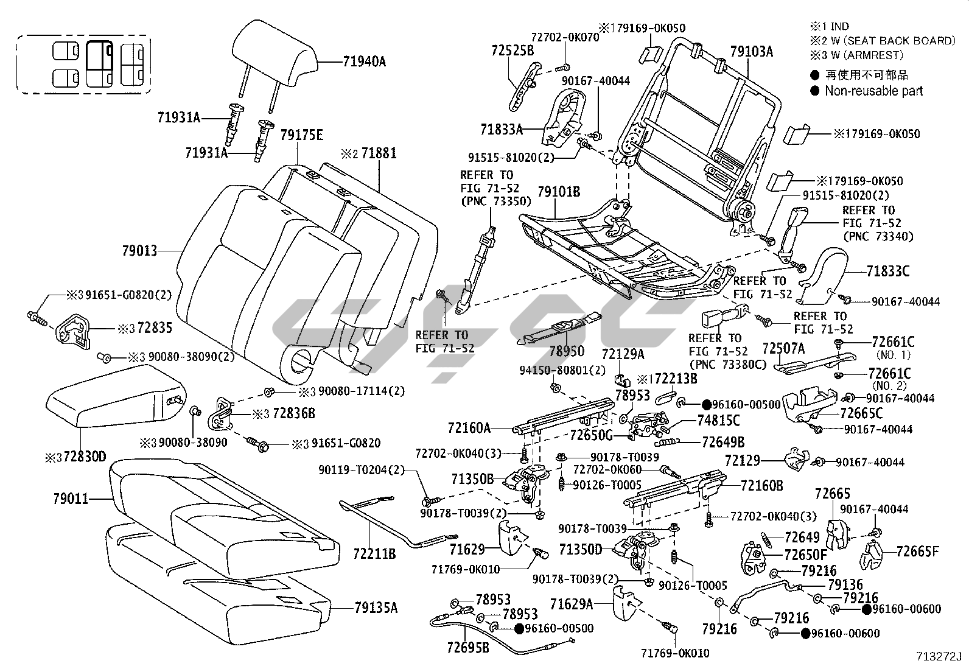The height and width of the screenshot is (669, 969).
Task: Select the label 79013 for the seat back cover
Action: tap(139, 251)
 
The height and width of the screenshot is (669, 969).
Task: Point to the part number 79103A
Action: tap(751, 52)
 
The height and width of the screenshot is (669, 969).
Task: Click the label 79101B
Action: tap(559, 192)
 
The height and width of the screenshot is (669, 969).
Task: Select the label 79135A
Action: tap(376, 607)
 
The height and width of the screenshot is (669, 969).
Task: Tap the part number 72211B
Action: tap(374, 554)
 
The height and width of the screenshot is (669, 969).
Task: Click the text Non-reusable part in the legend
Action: tap(873, 91)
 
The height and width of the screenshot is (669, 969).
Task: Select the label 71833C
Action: tap(888, 271)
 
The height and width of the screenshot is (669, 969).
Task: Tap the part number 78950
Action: tap(567, 351)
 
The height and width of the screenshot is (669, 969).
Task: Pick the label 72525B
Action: tap(512, 51)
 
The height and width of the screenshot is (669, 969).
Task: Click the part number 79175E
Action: tap(302, 135)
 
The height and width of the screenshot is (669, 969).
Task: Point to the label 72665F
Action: tap(917, 552)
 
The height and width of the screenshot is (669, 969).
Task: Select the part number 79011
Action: tap(71, 499)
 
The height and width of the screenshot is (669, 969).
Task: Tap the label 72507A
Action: tap(783, 348)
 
